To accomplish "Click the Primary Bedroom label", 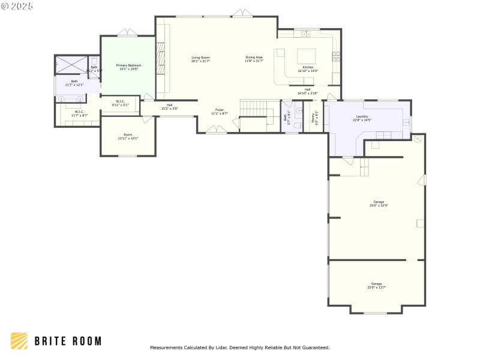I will [128, 65].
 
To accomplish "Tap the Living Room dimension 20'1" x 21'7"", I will [200, 61].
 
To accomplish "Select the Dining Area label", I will [254, 57].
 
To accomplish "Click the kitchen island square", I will [307, 56].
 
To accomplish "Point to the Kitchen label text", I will [308, 67].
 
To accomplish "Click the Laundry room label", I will [362, 116].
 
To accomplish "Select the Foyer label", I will [219, 110].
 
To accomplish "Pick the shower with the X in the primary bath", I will [71, 65].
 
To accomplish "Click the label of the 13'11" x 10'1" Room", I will [128, 134].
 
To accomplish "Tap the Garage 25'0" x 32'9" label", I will [379, 202].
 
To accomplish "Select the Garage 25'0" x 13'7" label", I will [376, 284].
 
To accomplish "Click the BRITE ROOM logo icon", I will [19, 341].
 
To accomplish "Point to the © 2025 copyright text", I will [17, 6].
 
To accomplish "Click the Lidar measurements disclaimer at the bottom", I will [239, 347].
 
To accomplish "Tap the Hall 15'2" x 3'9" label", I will [169, 105].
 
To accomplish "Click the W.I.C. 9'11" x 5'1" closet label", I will [120, 103].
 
